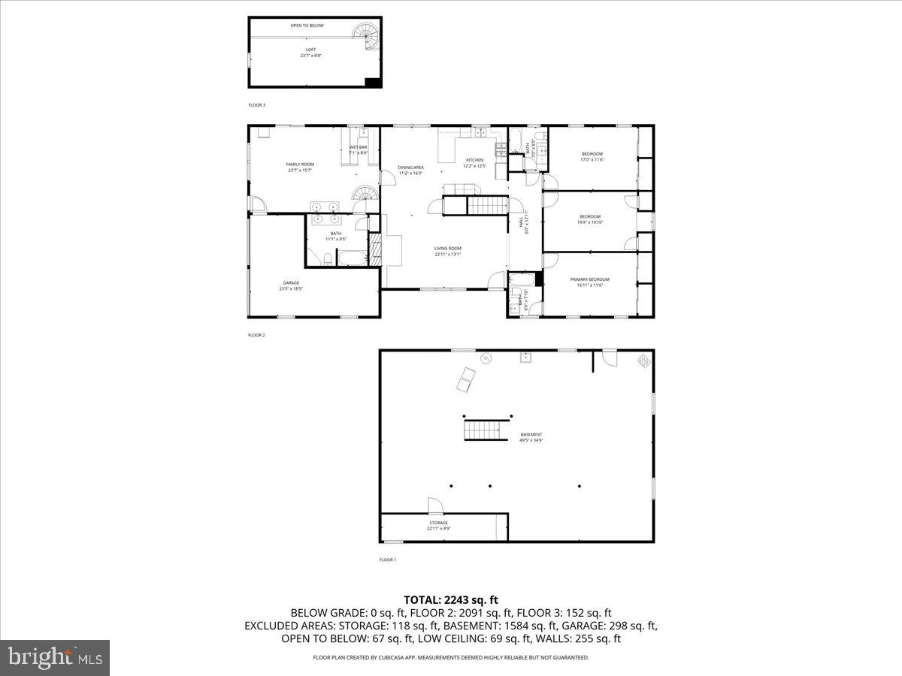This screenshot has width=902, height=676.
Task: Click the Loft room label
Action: point(310,53)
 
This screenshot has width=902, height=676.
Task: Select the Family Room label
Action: point(300,167)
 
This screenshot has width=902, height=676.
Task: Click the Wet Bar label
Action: point(359,149)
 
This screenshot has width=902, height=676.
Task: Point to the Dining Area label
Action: point(411,170)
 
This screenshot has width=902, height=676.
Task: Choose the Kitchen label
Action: point(475,163)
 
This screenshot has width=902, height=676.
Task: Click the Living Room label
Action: point(447,251)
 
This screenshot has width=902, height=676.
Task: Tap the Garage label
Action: point(291,285)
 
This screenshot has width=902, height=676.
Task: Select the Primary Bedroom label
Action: point(589,282)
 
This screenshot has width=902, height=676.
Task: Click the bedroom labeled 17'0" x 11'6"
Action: point(592,156)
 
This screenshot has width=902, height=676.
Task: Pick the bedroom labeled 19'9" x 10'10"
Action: point(590,219)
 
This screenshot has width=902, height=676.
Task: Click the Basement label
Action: point(531,437)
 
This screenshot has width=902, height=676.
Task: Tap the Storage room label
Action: point(438,525)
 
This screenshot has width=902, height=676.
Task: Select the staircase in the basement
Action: point(481,430)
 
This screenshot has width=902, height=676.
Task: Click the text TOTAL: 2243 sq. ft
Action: point(451,599)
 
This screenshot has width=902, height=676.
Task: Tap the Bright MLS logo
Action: point(55,658)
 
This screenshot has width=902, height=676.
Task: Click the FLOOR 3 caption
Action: point(257,105)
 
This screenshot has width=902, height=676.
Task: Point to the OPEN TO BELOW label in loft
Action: point(307,26)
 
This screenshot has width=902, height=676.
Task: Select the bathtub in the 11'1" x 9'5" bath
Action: point(350,260)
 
